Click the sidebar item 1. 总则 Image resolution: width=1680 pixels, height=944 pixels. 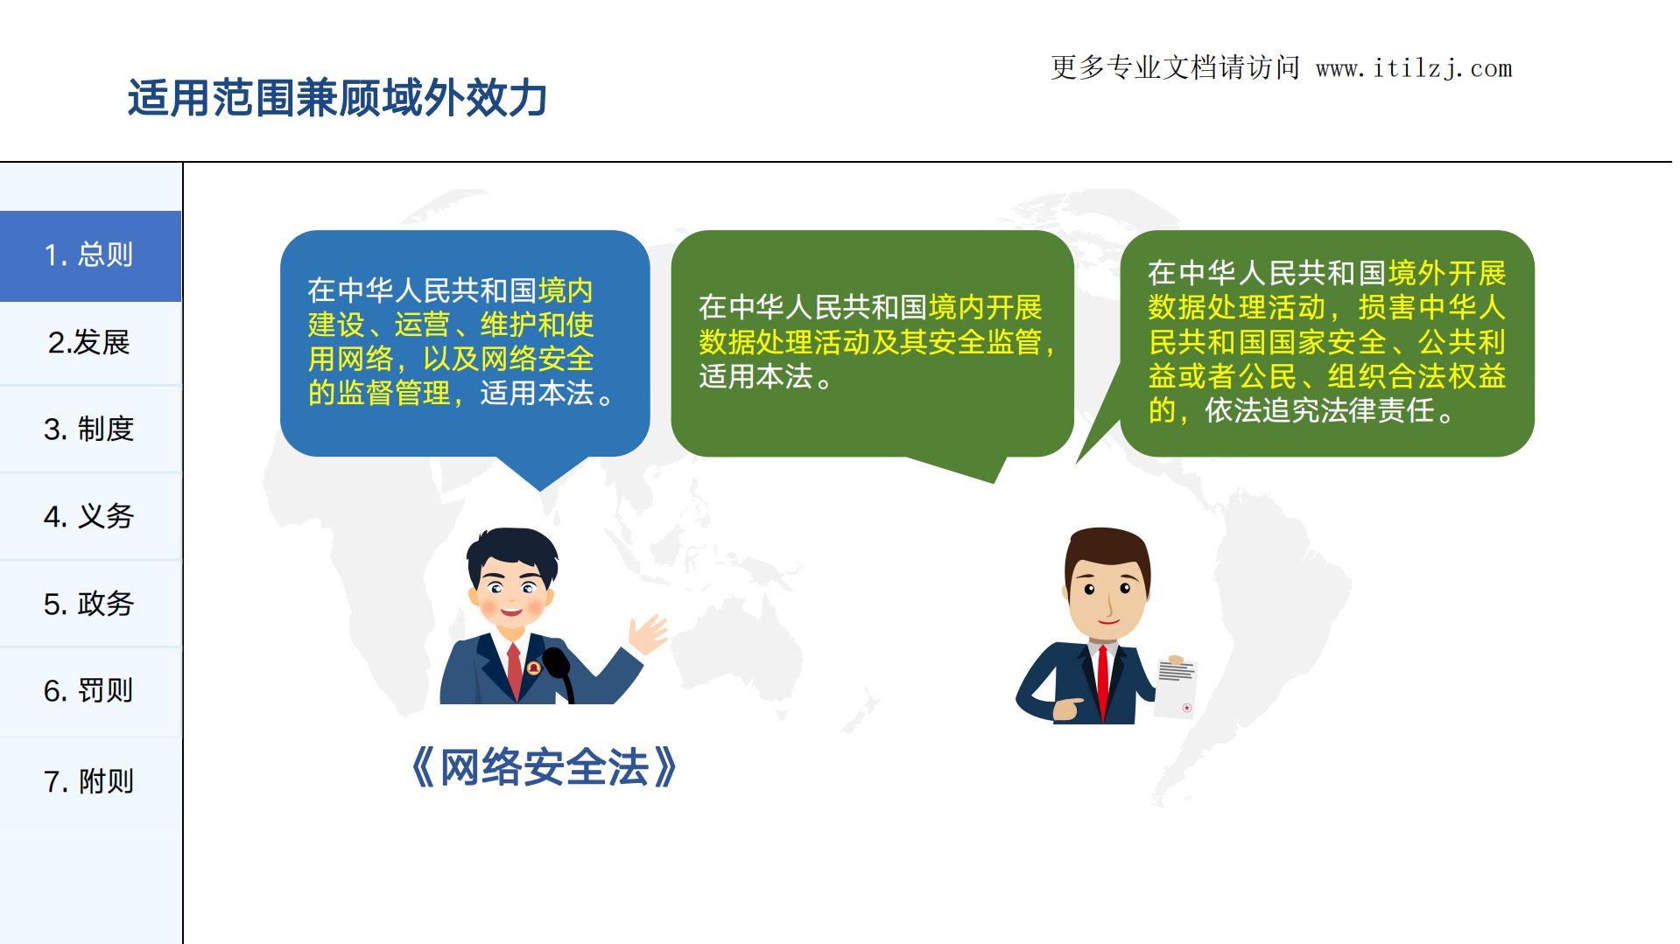(x=89, y=255)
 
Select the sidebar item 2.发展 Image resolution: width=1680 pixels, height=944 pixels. (x=89, y=343)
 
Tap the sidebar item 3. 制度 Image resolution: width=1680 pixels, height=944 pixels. (x=89, y=430)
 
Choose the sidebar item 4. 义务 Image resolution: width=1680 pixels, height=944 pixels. (x=89, y=516)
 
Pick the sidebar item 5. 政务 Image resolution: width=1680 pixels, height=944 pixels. (x=89, y=604)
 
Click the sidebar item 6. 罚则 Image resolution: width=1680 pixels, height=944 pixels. (x=89, y=691)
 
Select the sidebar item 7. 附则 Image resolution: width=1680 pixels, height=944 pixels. (x=89, y=781)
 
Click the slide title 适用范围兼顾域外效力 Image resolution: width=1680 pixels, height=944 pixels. (x=337, y=98)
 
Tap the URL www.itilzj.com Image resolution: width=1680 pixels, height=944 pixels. (x=1414, y=68)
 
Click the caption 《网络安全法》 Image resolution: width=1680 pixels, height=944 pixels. (x=544, y=767)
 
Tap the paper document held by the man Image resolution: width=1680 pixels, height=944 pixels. (x=1175, y=687)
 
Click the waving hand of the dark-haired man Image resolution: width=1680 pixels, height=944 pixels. (x=649, y=633)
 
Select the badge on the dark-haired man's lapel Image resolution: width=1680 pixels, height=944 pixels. (x=533, y=668)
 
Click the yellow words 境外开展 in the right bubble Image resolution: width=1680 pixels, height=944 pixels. (x=1447, y=273)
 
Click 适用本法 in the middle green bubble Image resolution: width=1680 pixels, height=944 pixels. (x=756, y=377)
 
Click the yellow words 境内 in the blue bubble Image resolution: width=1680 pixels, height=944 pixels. (x=566, y=290)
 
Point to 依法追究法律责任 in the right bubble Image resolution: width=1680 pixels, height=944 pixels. (x=1319, y=410)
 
